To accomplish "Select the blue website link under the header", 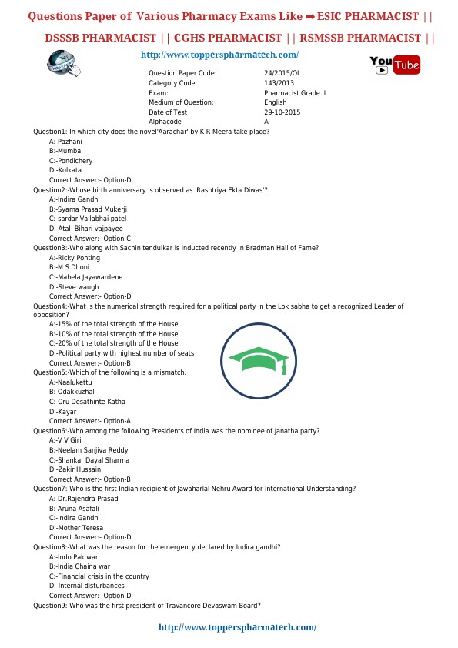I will click(x=220, y=55).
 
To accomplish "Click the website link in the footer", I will click(x=237, y=627).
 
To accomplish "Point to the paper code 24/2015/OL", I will click(x=282, y=73).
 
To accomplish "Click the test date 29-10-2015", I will click(x=282, y=112).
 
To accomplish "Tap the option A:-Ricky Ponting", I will click(x=75, y=258).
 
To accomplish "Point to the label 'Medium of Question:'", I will click(x=181, y=102).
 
